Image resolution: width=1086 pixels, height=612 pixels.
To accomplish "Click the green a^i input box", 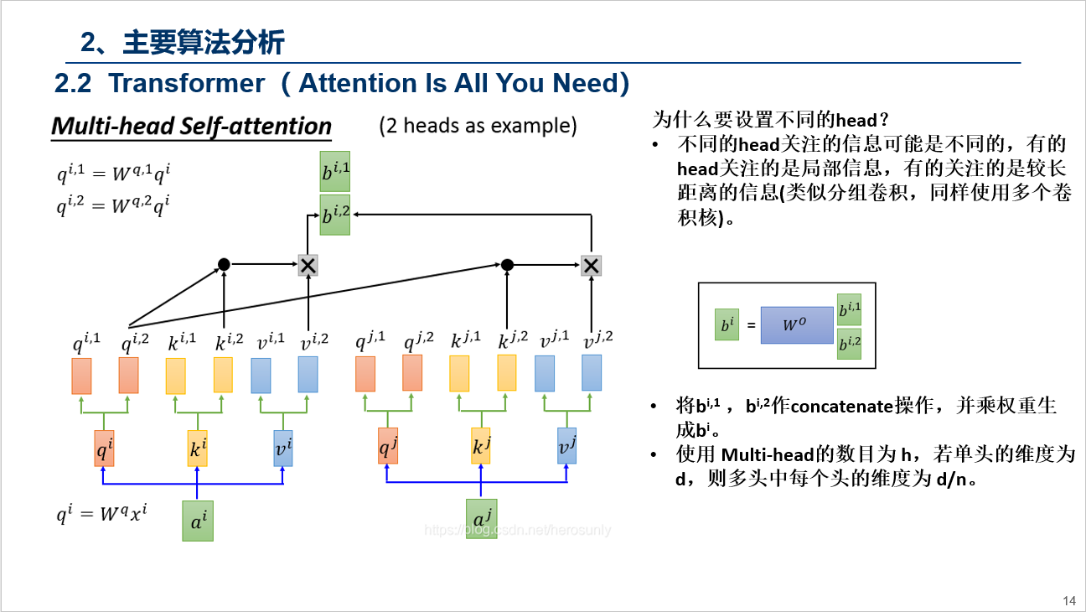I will click(x=198, y=520).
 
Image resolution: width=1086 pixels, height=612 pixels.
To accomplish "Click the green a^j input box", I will click(x=481, y=518).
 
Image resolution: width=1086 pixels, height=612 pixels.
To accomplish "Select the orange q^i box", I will click(x=104, y=449).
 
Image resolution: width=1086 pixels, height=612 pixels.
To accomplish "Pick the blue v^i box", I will click(x=283, y=449).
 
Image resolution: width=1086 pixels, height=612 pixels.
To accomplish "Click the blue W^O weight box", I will click(x=797, y=324).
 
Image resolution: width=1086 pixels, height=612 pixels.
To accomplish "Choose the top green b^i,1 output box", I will click(x=335, y=172).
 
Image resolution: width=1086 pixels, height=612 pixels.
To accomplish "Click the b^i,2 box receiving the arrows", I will click(x=335, y=214).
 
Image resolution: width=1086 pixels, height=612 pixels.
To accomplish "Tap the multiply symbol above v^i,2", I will click(x=308, y=266).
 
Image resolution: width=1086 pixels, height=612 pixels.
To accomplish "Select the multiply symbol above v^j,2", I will click(x=592, y=266).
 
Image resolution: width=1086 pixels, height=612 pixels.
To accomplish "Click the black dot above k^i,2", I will click(x=224, y=265).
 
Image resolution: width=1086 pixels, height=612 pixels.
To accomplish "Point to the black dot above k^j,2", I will click(x=507, y=265).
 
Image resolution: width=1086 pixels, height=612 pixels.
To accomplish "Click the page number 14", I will click(x=1068, y=600).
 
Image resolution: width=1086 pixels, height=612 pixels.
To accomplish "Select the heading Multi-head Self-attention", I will click(x=192, y=127).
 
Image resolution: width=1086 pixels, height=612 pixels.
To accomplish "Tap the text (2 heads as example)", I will click(x=478, y=126).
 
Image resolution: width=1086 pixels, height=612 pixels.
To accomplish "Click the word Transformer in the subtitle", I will click(x=186, y=84).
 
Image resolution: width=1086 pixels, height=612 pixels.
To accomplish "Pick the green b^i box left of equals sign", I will click(x=727, y=325).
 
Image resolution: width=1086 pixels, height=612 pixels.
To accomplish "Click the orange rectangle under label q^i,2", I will click(x=128, y=375).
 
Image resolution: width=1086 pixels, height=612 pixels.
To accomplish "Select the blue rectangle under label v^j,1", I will click(x=545, y=374).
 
